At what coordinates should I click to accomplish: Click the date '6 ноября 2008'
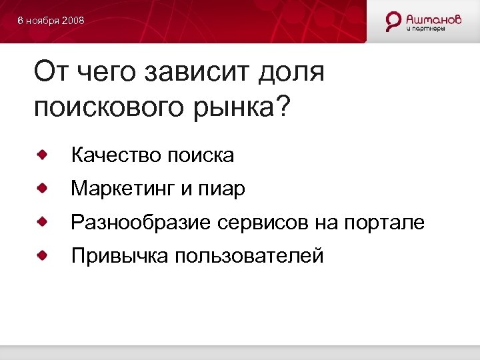click(51, 21)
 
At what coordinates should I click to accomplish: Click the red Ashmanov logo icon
click(394, 21)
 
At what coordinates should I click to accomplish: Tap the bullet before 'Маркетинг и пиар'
click(42, 189)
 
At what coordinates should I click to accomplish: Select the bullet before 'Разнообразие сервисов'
click(42, 221)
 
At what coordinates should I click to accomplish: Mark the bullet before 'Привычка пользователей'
click(42, 255)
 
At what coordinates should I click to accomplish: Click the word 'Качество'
click(116, 155)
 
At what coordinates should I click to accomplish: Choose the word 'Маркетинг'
click(123, 189)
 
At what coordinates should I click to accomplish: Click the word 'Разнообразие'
click(141, 222)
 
